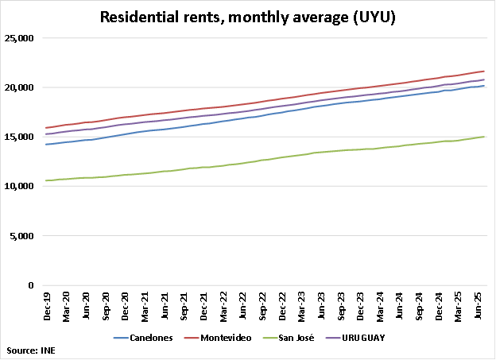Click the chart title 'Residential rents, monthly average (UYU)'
click(x=247, y=16)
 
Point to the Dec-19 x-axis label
click(x=47, y=306)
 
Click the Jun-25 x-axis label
click(x=481, y=306)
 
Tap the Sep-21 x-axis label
click(x=185, y=306)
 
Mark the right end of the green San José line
click(x=485, y=137)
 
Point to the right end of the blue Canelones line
click(x=485, y=86)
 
